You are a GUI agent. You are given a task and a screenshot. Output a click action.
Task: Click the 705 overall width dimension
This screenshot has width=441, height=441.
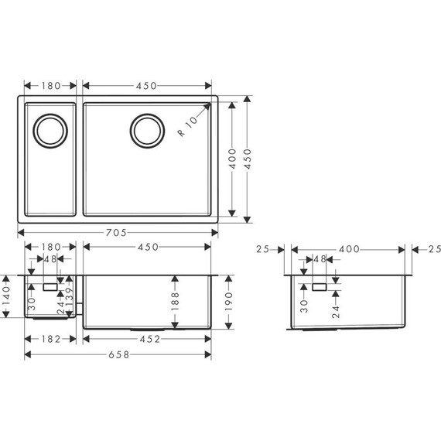(118, 232)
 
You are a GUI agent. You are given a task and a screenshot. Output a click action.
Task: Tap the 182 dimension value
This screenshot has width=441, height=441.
(50, 338)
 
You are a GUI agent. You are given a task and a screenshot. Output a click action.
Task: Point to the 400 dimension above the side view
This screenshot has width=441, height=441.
(348, 249)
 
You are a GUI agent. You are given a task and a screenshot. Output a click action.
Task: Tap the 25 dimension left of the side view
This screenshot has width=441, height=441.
(262, 249)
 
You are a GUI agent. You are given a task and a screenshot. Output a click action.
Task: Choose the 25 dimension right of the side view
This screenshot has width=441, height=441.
(434, 249)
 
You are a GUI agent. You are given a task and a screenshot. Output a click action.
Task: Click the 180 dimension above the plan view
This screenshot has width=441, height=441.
(50, 85)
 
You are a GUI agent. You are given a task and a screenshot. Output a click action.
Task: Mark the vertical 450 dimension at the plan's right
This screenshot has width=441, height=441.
(247, 159)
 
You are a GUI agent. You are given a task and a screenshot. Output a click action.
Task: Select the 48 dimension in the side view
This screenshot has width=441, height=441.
(318, 260)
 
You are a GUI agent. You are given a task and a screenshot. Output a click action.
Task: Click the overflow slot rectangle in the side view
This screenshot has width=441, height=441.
(319, 286)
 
